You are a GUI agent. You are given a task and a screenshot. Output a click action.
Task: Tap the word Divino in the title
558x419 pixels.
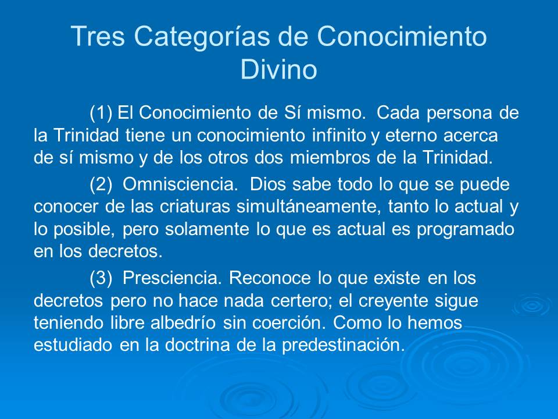[x=278, y=70]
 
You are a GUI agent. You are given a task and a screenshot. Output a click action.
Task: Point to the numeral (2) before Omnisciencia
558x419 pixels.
[x=102, y=184]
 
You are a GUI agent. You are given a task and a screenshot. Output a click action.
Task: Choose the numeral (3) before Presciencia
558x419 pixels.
[x=102, y=278]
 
